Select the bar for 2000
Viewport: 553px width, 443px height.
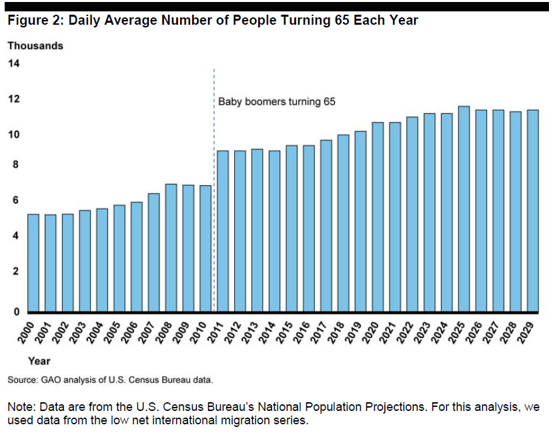(33, 263)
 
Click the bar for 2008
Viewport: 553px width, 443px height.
(171, 248)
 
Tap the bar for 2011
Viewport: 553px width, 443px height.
(223, 231)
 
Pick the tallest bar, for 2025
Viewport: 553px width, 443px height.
(464, 209)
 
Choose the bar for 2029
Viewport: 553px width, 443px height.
(533, 211)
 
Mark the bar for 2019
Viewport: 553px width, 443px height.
(360, 222)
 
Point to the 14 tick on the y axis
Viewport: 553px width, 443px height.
(14, 63)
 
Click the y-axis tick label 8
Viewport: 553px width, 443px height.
(15, 164)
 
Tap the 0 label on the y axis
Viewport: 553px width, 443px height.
(16, 312)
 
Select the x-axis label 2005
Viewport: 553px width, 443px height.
(113, 333)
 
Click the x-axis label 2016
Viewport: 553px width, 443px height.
(303, 333)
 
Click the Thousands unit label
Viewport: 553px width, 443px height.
(35, 46)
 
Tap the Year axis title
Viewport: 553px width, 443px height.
(39, 361)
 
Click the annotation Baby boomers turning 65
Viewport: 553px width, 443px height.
(277, 102)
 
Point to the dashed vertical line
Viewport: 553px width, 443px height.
(214, 190)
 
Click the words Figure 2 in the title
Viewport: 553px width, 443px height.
(35, 20)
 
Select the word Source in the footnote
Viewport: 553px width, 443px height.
(22, 380)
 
